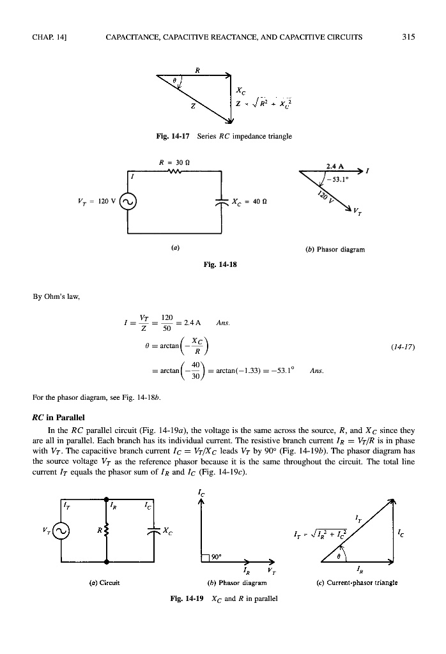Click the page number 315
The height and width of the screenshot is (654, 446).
[409, 37]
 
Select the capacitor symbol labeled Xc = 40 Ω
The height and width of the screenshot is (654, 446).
[221, 202]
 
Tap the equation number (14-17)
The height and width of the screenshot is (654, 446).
[403, 347]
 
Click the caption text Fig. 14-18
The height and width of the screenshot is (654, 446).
[219, 262]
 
